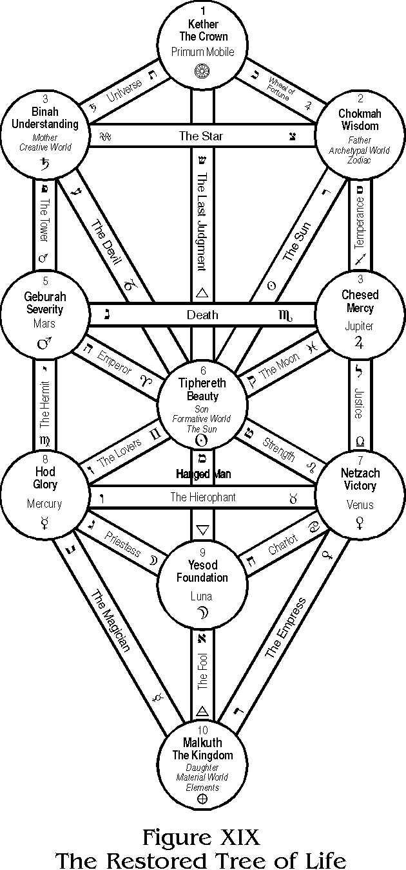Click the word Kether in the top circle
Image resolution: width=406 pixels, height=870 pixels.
click(x=204, y=24)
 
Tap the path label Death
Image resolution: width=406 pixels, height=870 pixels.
click(x=202, y=315)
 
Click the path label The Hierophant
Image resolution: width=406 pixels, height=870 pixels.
click(x=202, y=497)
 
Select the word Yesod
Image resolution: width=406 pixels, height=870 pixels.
click(x=202, y=565)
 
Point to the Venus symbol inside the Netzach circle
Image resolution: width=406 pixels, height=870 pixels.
click(x=359, y=524)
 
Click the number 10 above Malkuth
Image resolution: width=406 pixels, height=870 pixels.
click(x=202, y=730)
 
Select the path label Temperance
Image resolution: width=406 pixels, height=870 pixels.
click(x=360, y=222)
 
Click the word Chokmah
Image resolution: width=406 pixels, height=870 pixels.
click(x=359, y=113)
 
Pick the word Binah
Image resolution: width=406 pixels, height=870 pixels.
click(x=44, y=112)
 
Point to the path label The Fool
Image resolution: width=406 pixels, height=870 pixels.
click(x=202, y=673)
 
